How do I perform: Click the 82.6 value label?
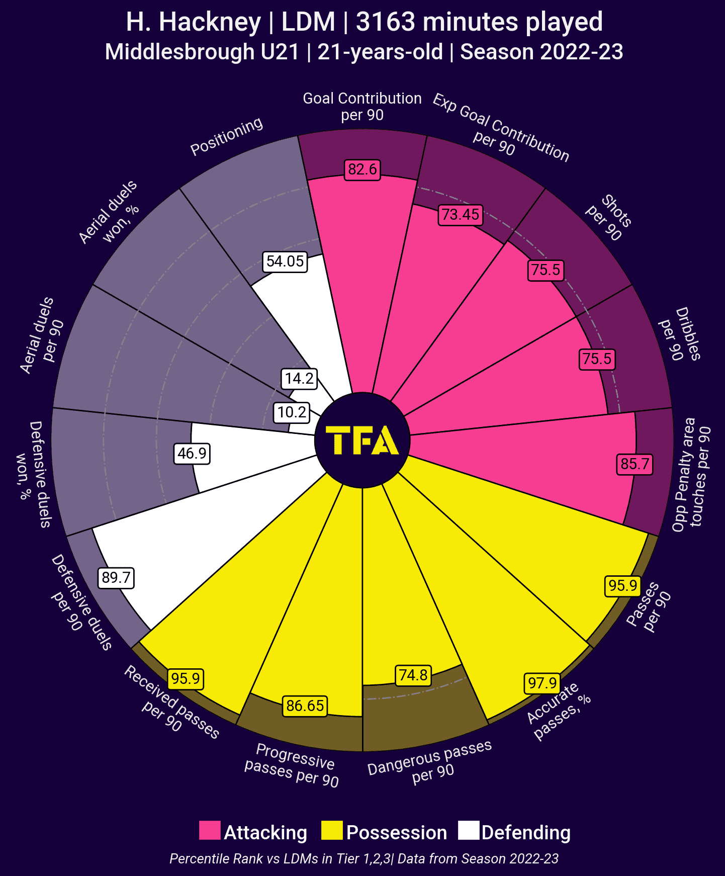coord(362,169)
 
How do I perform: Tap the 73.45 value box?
coord(461,215)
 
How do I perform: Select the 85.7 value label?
coord(635,464)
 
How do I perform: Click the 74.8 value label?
coord(413,675)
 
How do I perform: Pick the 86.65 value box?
coord(305,706)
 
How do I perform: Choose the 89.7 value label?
coord(116,577)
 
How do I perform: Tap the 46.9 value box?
coord(192,454)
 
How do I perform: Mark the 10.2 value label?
coord(292,412)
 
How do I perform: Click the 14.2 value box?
coord(300,378)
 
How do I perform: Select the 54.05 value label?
coord(285,261)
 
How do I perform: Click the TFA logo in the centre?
coord(362,441)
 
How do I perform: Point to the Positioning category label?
coord(227,136)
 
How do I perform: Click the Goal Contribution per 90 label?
coord(362,106)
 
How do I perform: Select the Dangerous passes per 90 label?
coord(430,762)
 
